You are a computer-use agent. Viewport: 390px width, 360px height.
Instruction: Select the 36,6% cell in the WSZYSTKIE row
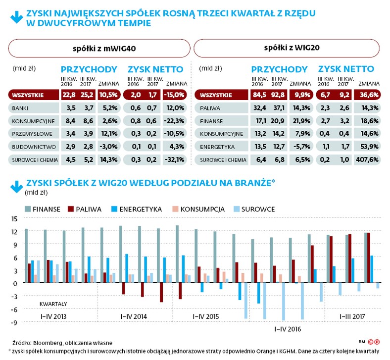[368, 94]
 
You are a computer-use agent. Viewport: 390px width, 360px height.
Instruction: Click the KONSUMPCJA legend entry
[207, 209]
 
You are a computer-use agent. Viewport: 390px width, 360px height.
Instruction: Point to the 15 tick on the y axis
[14, 219]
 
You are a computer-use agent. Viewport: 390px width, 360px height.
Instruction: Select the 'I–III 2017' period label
[354, 316]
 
